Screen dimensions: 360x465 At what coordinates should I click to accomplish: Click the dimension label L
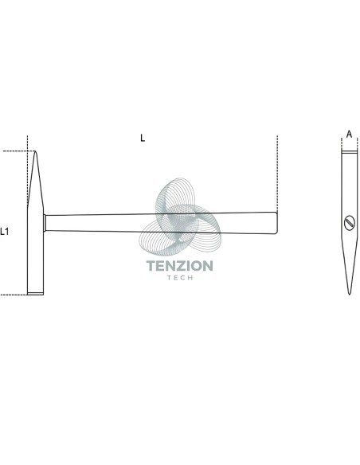point(143,138)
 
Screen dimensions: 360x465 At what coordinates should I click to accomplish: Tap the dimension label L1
point(4,232)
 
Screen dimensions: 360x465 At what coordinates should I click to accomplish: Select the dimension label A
point(350,135)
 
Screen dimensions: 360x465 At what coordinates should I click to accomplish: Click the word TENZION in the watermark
point(180,266)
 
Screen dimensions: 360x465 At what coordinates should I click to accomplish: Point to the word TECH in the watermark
point(180,278)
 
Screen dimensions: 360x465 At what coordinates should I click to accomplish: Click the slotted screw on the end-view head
point(350,223)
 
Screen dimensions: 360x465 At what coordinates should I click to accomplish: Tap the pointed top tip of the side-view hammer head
point(35,151)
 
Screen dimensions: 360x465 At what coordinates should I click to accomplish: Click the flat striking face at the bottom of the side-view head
point(35,294)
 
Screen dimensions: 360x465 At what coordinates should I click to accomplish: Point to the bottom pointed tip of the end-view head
point(350,294)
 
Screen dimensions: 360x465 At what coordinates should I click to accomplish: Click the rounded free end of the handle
point(276,223)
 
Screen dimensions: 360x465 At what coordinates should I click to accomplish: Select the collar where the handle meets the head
point(45,223)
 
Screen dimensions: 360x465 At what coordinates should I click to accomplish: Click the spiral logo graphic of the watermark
point(180,217)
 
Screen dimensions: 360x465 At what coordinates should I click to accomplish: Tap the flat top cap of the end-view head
point(350,152)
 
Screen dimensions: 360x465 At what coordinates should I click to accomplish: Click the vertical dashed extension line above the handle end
point(277,174)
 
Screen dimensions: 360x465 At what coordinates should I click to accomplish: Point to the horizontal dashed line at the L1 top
point(18,151)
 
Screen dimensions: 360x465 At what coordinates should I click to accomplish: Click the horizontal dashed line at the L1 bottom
point(14,295)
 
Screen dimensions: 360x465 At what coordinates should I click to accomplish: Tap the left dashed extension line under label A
point(342,145)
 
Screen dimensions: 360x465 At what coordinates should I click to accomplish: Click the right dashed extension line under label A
point(358,145)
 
